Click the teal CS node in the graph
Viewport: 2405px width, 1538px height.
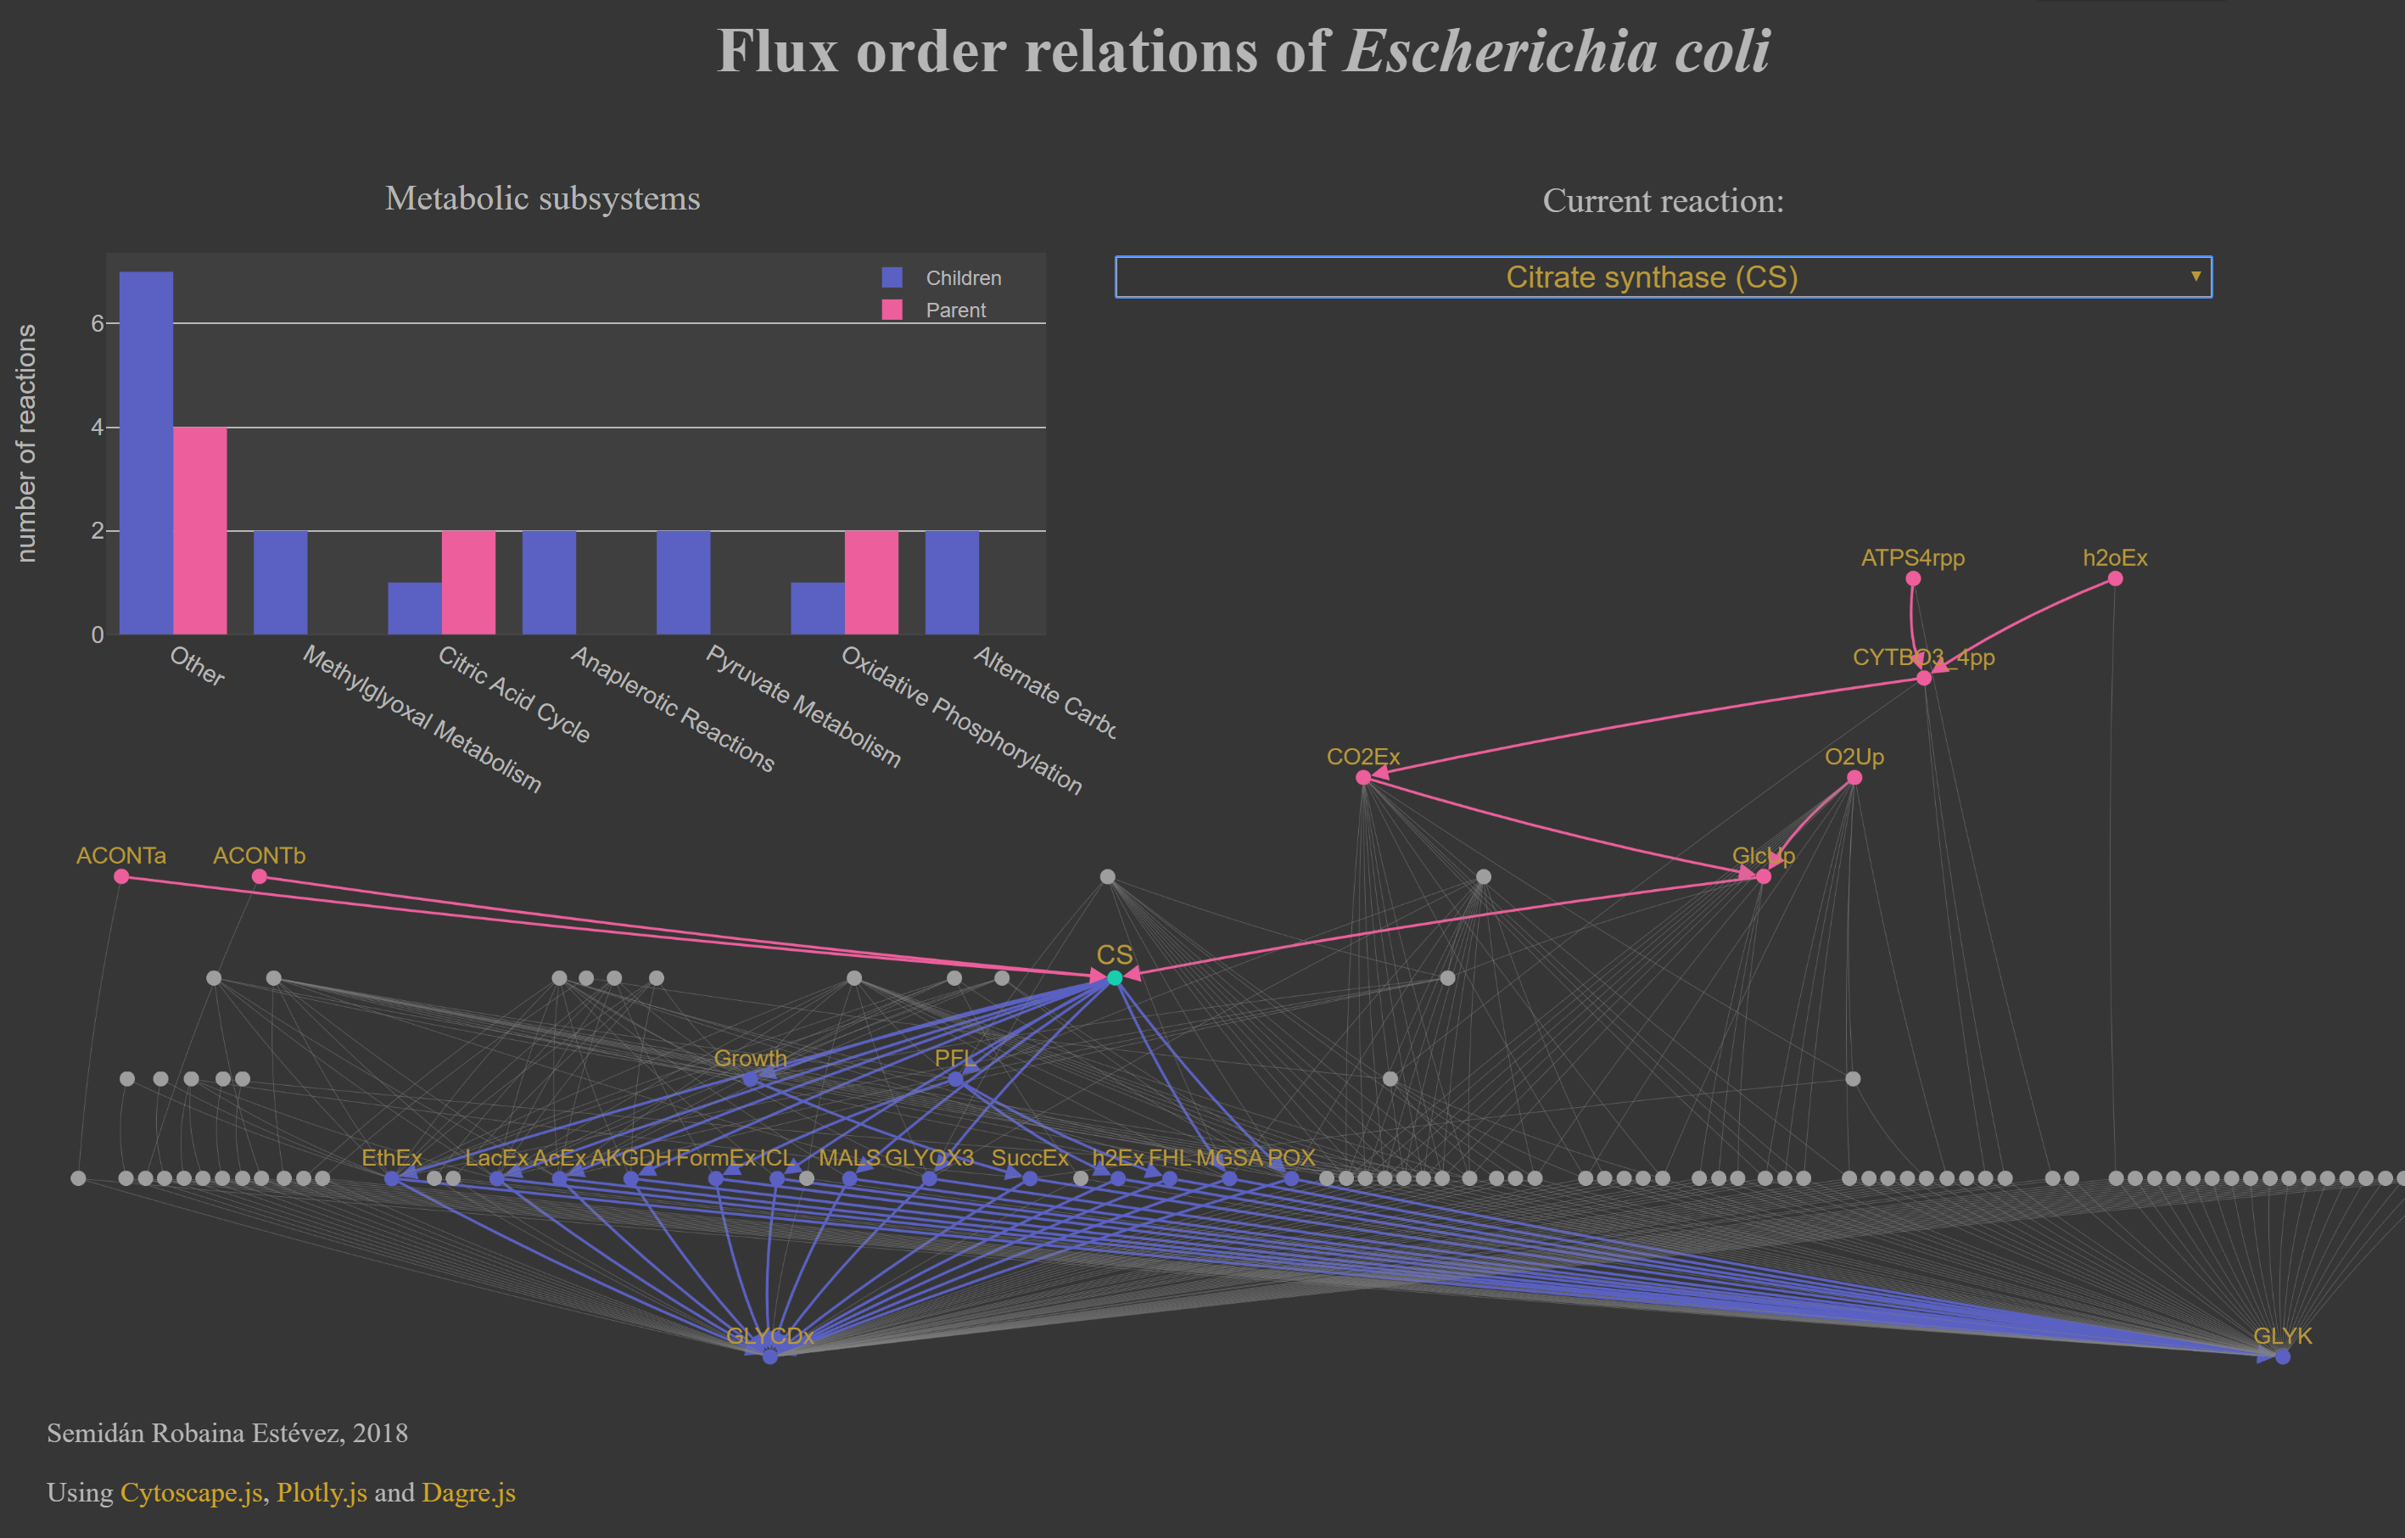click(x=1115, y=978)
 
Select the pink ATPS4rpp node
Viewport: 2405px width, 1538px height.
click(x=1913, y=579)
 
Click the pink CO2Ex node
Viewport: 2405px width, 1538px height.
click(x=1363, y=777)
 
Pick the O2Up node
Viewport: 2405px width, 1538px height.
click(x=1854, y=777)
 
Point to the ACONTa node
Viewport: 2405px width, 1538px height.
click(x=122, y=875)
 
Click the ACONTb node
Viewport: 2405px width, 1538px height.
click(x=260, y=875)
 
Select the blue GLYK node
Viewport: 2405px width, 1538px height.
click(x=2282, y=1356)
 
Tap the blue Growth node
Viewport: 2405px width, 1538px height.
click(x=750, y=1078)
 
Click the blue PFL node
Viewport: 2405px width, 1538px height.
click(x=956, y=1078)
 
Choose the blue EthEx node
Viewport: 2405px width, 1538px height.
click(x=392, y=1178)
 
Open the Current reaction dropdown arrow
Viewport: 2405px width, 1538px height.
click(x=2195, y=277)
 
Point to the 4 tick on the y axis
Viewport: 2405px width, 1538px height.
click(x=98, y=428)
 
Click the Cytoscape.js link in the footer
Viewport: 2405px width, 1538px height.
click(x=191, y=1492)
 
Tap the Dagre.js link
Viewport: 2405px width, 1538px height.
click(x=468, y=1492)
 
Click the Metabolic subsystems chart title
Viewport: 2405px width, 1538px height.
click(x=542, y=198)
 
